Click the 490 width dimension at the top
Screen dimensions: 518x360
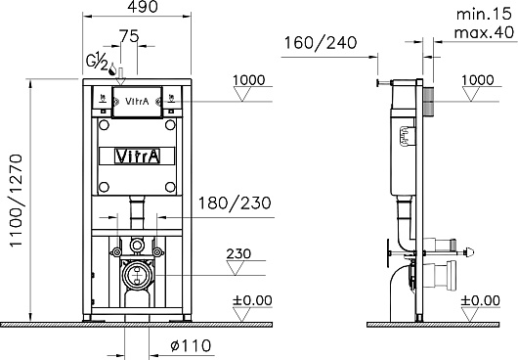pos(143,7)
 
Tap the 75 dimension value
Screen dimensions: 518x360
pos(129,36)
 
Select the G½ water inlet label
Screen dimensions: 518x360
pos(97,63)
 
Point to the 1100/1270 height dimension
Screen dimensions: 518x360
pos(16,201)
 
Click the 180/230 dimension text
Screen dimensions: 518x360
pos(235,202)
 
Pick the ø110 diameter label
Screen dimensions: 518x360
pos(191,345)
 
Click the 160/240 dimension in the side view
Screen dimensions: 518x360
pos(321,43)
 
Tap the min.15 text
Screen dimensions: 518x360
pos(484,14)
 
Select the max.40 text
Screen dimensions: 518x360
pos(484,32)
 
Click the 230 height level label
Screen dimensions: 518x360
pos(238,253)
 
